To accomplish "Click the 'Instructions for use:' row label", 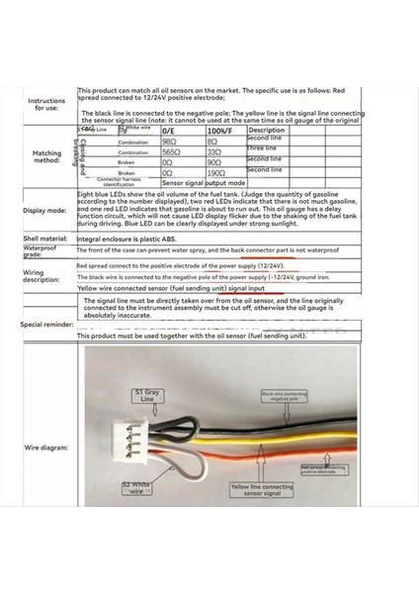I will point(46,104).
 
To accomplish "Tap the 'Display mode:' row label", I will point(46,211).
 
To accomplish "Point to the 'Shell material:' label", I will point(46,239).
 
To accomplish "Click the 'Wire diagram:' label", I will point(46,448).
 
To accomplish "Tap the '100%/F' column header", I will point(219,131).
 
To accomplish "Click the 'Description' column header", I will point(267,131).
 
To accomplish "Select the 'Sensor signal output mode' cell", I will point(204,183).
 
